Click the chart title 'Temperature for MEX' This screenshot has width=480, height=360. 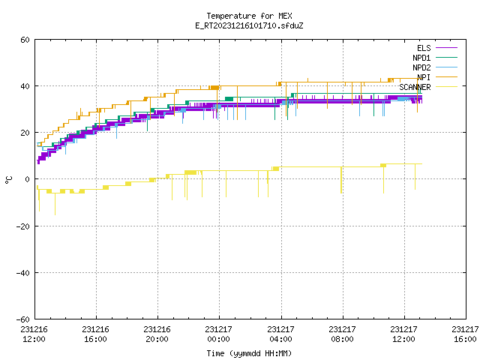coord(249,16)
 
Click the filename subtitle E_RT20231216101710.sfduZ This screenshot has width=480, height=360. coord(249,25)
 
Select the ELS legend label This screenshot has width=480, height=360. coord(424,48)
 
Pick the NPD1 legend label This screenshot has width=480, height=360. coord(421,58)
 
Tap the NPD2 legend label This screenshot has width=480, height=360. coord(421,67)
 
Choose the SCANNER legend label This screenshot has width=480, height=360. coord(415,87)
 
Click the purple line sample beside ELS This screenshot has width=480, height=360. coord(446,48)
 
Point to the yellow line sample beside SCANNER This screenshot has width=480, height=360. coord(446,87)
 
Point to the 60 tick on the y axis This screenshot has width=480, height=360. coord(25,40)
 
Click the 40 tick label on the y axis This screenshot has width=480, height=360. coord(25,86)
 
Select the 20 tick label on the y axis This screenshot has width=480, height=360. coord(25,133)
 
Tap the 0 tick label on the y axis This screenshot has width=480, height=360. coord(27,179)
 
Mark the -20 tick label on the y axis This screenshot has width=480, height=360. coord(23,226)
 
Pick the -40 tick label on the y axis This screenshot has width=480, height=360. coord(23,273)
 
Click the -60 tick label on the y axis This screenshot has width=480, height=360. coord(23,319)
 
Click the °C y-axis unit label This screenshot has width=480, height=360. coord(8,180)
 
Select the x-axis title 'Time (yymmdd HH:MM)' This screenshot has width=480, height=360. coord(249,353)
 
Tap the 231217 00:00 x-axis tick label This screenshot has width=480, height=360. coord(218,334)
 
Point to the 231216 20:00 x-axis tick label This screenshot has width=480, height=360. coord(157,334)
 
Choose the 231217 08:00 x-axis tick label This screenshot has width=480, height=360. coord(342,334)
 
